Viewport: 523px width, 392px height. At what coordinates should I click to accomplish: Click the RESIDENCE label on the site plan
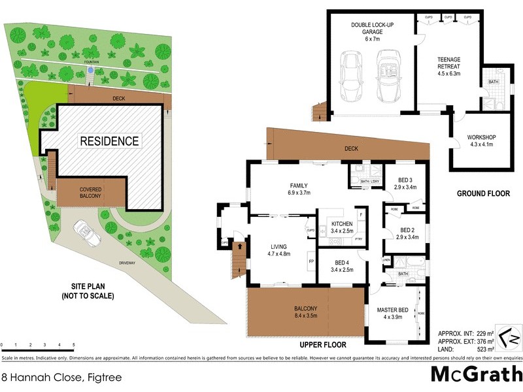[109, 140]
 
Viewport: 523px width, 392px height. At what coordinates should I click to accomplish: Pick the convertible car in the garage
[387, 76]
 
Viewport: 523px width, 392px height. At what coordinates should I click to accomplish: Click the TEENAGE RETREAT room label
[448, 63]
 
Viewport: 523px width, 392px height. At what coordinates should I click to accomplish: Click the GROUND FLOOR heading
[479, 194]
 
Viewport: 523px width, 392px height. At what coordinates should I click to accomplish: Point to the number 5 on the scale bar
[73, 344]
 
